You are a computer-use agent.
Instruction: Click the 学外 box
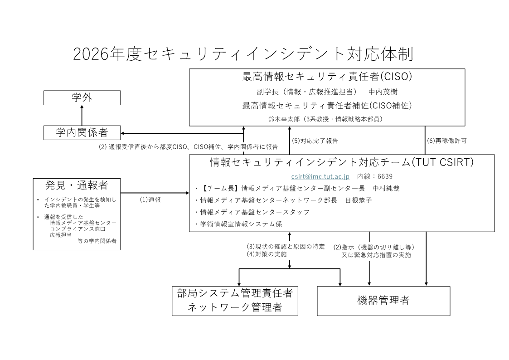82,98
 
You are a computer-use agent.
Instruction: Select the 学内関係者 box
82,133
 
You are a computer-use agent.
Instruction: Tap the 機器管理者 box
383,301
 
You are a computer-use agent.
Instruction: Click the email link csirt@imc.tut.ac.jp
320,176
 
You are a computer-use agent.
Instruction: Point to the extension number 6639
385,176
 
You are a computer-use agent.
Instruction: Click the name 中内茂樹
383,92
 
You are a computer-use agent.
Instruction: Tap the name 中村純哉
386,189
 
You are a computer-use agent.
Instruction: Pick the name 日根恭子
359,200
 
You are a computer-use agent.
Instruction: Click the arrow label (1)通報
150,200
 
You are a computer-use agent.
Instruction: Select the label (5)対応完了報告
315,141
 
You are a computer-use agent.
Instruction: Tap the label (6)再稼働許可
447,141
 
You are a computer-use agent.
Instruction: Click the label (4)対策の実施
267,254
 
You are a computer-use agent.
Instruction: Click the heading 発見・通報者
77,185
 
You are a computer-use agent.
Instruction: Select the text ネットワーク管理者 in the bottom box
235,307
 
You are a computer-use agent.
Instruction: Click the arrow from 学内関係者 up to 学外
82,115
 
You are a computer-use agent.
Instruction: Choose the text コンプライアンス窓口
78,229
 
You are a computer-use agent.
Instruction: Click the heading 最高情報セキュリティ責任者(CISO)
327,77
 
